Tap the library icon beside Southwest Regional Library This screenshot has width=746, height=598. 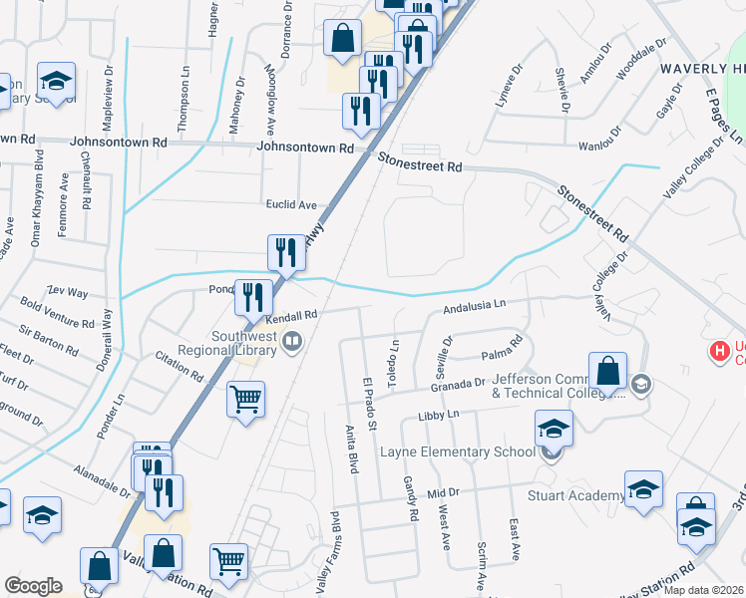pyautogui.click(x=292, y=343)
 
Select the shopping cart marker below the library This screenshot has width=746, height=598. pyautogui.click(x=245, y=401)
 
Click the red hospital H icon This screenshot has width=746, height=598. pyautogui.click(x=717, y=351)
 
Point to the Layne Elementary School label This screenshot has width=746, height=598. pyautogui.click(x=459, y=452)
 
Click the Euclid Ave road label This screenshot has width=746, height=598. pyautogui.click(x=290, y=204)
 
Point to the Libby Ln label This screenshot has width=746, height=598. pyautogui.click(x=438, y=414)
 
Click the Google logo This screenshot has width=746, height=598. pyautogui.click(x=33, y=586)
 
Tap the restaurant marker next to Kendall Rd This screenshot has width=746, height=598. pyautogui.click(x=253, y=296)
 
